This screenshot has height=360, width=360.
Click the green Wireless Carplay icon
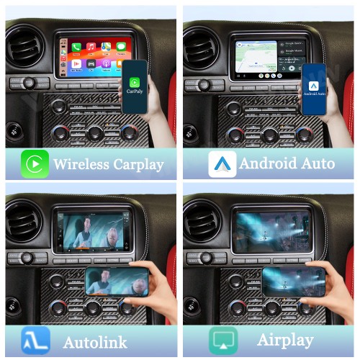[34, 164]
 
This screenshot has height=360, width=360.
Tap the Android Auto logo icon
[222, 164]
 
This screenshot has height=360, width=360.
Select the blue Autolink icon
[35, 340]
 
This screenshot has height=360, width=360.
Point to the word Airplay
[285, 340]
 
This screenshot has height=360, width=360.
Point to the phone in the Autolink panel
[117, 281]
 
